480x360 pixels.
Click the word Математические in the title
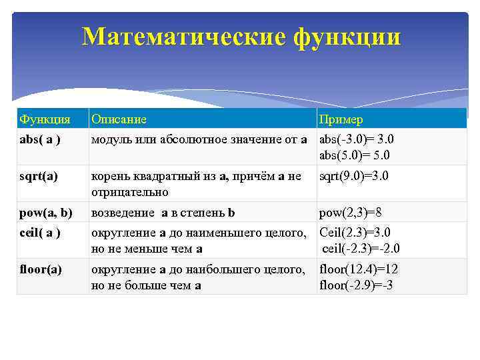pyautogui.click(x=183, y=37)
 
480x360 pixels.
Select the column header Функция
pyautogui.click(x=45, y=119)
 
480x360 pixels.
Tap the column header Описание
pyautogui.click(x=119, y=119)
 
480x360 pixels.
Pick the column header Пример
pyautogui.click(x=341, y=119)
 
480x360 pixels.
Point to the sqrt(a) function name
pyautogui.click(x=39, y=176)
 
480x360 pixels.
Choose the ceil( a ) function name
pyautogui.click(x=40, y=232)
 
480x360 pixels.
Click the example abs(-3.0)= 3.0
pyautogui.click(x=357, y=139)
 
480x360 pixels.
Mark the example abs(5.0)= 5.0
pyautogui.click(x=355, y=155)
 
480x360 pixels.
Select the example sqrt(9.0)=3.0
pyautogui.click(x=354, y=176)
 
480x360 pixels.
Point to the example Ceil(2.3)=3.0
pyautogui.click(x=355, y=232)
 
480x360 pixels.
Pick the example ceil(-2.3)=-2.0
pyautogui.click(x=361, y=249)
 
